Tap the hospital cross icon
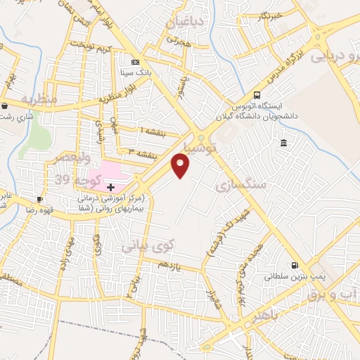click(x=110, y=186)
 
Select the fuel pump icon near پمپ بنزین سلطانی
click(x=294, y=265)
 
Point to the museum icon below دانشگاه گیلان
click(x=283, y=143)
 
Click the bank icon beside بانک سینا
click(x=136, y=63)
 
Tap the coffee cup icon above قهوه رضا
click(x=40, y=199)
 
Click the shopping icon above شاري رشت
click(x=5, y=106)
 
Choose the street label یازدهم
click(x=169, y=265)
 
